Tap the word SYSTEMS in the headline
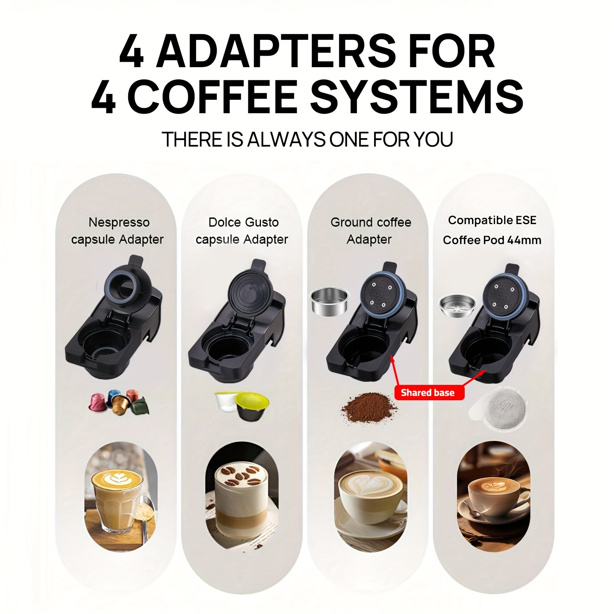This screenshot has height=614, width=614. tap(417, 96)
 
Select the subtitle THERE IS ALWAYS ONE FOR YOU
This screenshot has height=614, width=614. tap(307, 139)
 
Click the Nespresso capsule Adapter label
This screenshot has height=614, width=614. tap(118, 231)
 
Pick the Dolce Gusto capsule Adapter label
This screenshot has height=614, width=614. tap(242, 231)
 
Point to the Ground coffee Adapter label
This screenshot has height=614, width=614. tap(370, 231)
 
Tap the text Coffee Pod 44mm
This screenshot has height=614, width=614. tap(492, 240)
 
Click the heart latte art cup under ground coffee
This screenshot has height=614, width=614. tap(370, 495)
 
